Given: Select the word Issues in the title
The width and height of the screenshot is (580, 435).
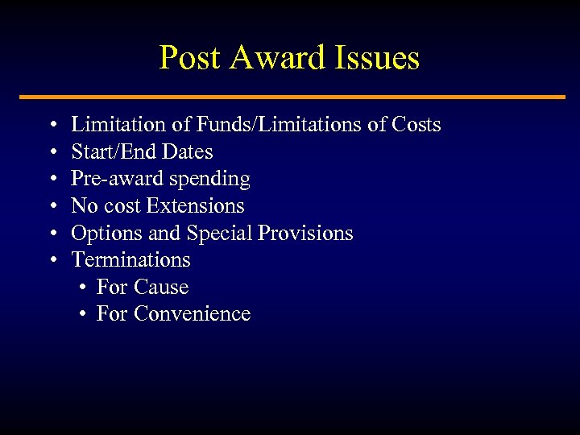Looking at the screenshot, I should (x=377, y=58).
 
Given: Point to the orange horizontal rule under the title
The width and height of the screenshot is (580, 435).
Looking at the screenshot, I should (x=290, y=97).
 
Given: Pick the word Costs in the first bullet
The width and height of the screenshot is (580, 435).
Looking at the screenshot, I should (x=416, y=125).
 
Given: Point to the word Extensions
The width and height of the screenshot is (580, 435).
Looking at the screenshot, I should (x=195, y=205).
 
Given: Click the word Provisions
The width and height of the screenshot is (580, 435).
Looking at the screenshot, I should (x=305, y=233).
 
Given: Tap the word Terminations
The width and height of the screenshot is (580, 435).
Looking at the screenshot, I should (x=131, y=259).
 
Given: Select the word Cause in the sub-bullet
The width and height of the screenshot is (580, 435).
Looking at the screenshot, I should (x=162, y=287).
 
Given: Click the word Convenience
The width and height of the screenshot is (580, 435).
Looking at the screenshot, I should (x=193, y=313).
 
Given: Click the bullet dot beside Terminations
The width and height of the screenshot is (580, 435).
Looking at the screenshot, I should (x=52, y=260).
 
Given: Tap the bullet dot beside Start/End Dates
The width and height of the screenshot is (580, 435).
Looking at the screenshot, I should (x=52, y=152).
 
